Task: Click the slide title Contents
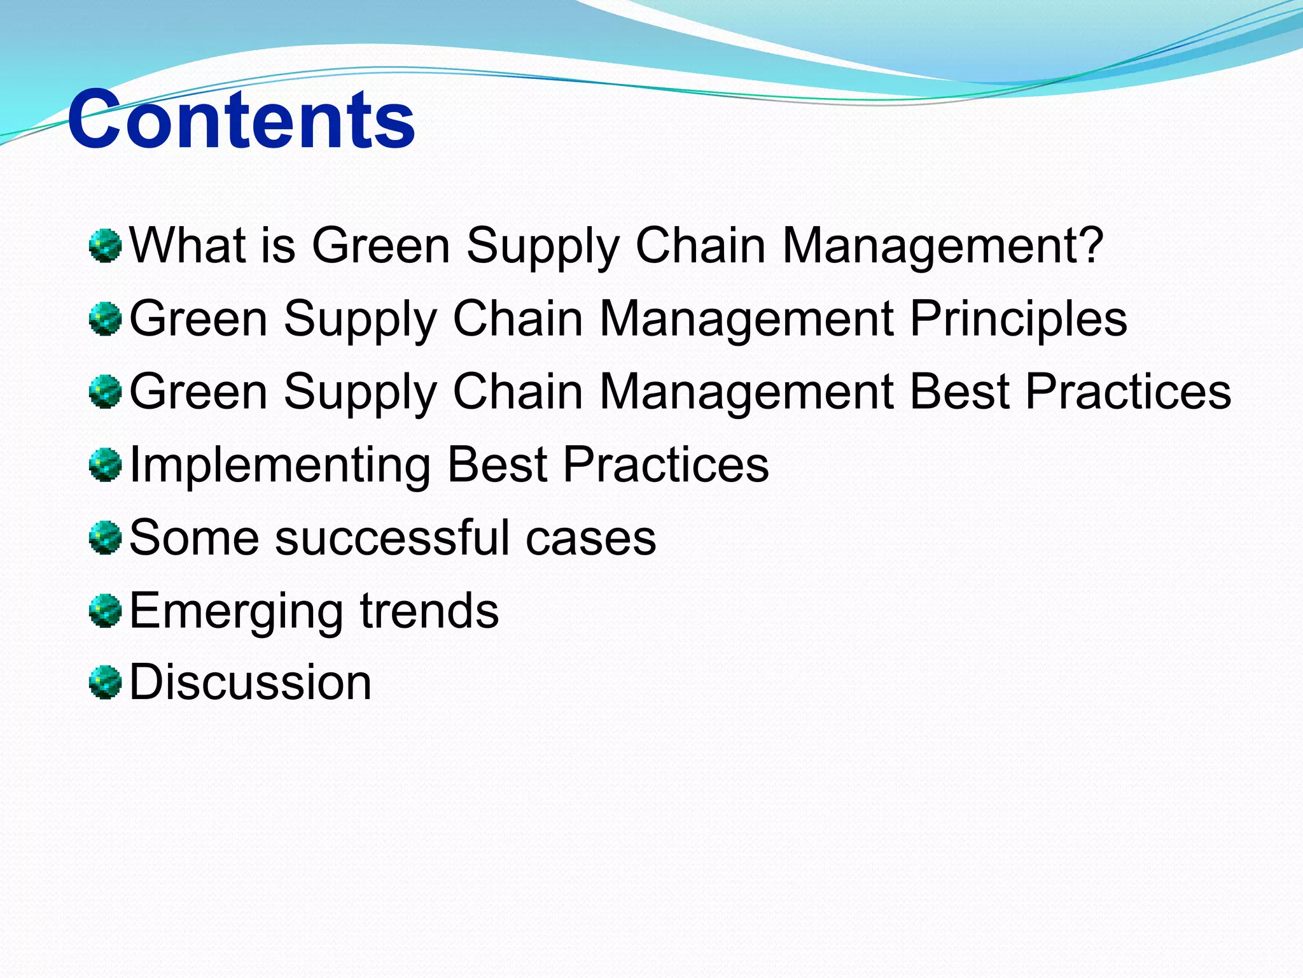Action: (242, 120)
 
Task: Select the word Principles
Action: (1019, 318)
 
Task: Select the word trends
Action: (429, 611)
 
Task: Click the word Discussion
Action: (250, 682)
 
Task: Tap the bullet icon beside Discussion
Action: (105, 683)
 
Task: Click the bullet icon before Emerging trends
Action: (105, 611)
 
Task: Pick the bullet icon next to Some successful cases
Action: (105, 538)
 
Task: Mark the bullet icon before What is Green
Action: (105, 246)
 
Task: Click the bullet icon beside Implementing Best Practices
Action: (105, 465)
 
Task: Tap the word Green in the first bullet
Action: (380, 245)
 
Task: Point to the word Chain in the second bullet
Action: (518, 318)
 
